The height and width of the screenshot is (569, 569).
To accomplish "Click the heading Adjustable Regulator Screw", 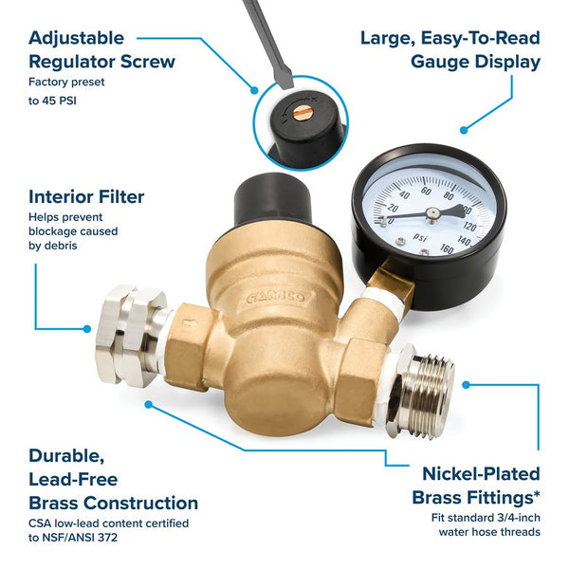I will tap(101, 49).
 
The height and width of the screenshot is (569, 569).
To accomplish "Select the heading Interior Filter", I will tap(86, 197).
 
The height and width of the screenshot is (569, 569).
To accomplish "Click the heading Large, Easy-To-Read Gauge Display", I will tap(450, 49).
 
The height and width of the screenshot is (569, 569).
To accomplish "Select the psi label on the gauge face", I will tap(422, 238).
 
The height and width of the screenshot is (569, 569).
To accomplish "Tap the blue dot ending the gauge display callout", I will tap(464, 131).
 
